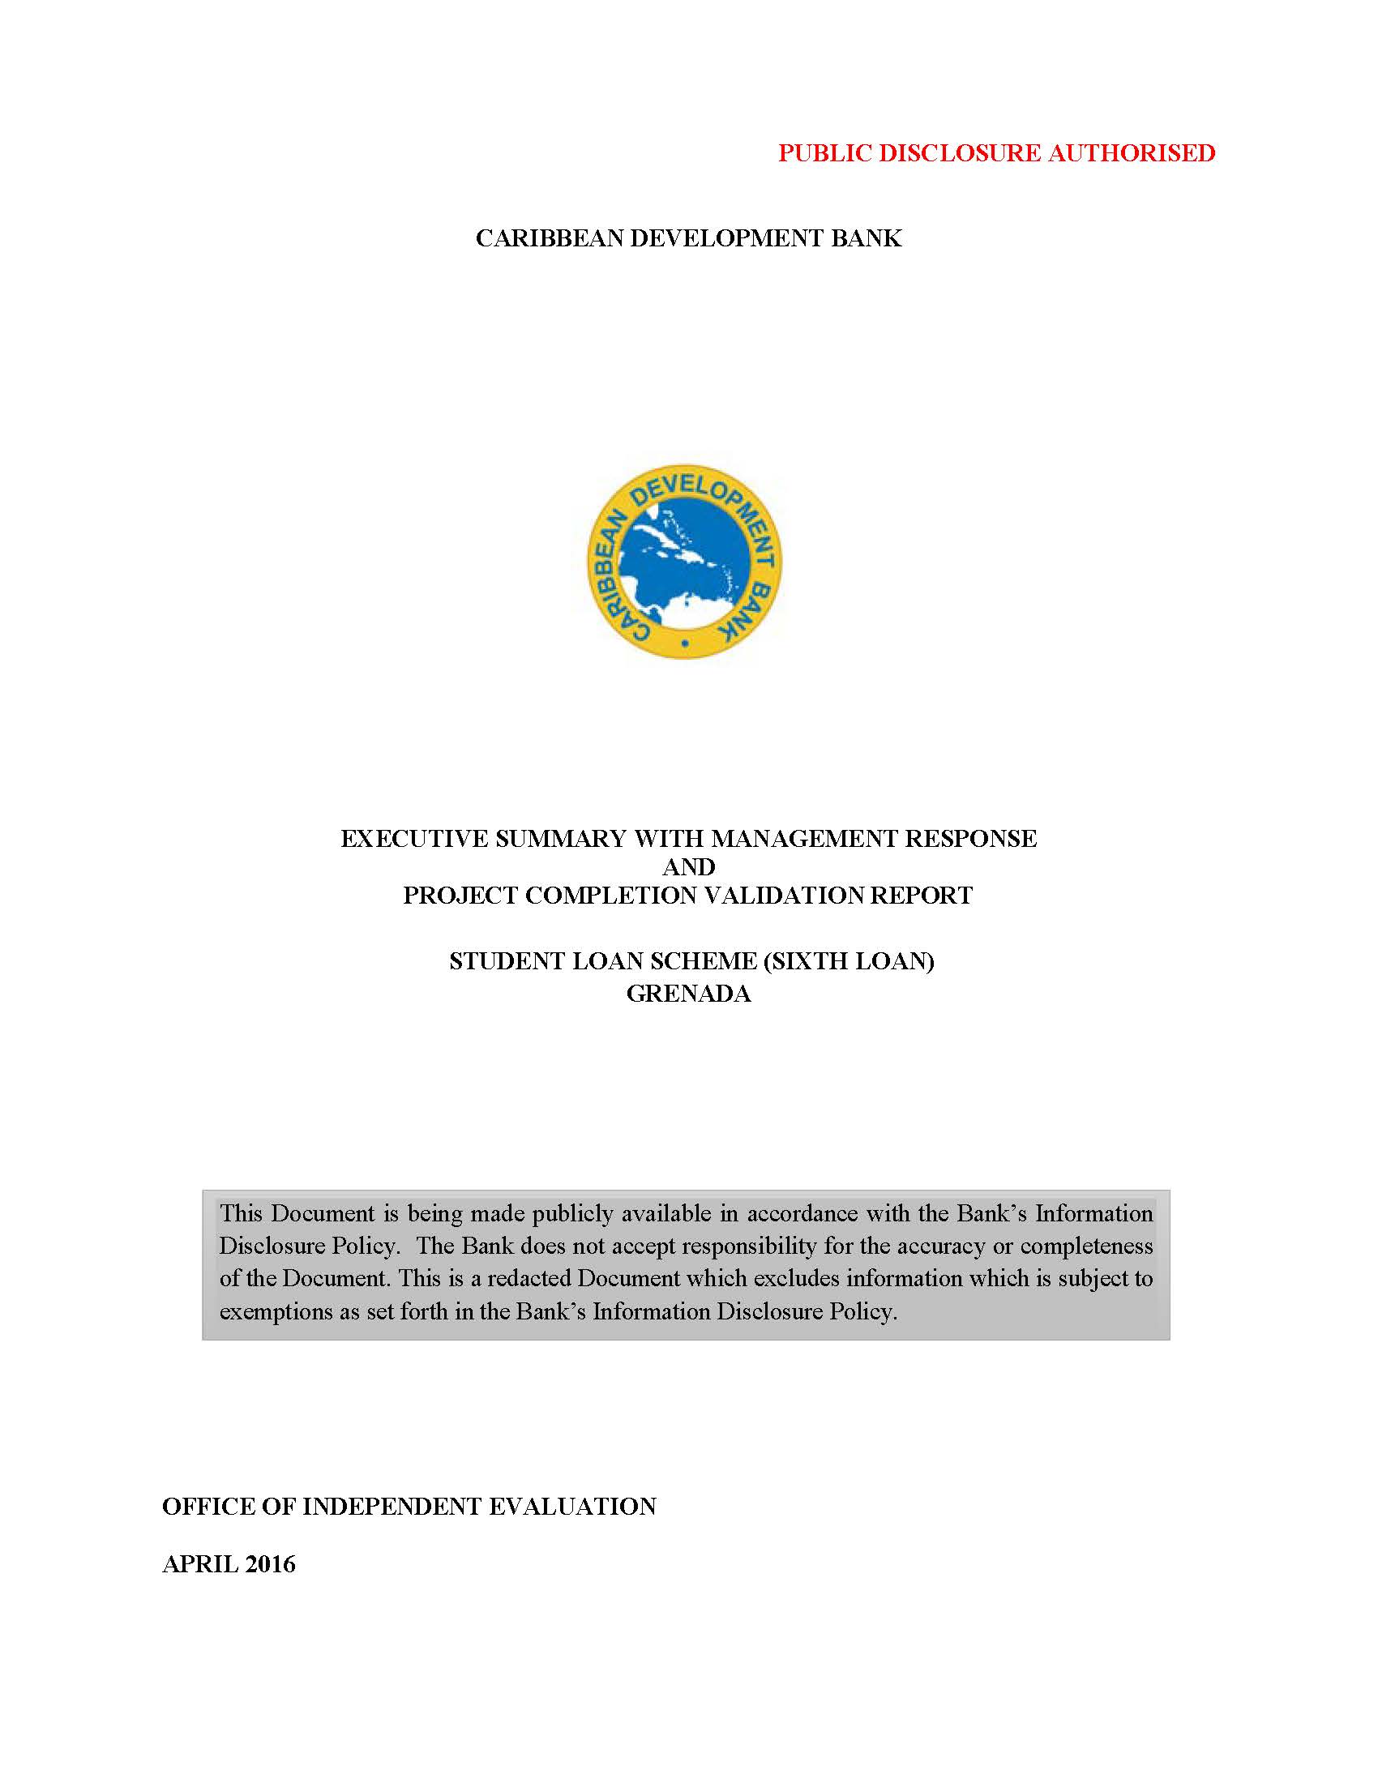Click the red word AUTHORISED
(x=1132, y=152)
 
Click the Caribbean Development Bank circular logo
(x=684, y=562)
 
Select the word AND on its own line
(x=688, y=866)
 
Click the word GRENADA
(x=688, y=994)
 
